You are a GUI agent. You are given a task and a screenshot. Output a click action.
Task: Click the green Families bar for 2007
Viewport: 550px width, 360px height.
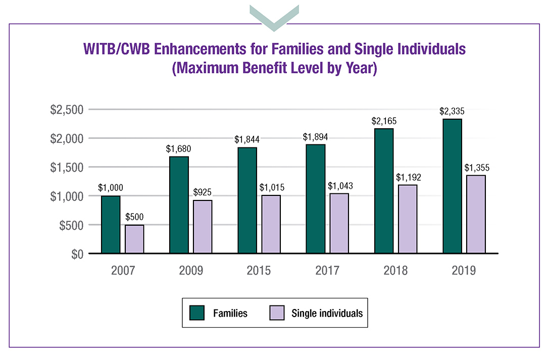pyautogui.click(x=111, y=225)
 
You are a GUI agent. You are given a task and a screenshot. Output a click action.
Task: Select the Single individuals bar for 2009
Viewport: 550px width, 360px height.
pyautogui.click(x=203, y=227)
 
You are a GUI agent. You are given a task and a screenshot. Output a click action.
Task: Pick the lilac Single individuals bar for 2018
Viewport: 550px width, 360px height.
pyautogui.click(x=408, y=219)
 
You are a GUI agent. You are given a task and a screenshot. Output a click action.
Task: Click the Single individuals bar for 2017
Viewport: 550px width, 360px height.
pyautogui.click(x=339, y=223)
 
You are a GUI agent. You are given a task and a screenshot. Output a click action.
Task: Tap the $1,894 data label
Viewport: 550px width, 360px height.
pyautogui.click(x=315, y=137)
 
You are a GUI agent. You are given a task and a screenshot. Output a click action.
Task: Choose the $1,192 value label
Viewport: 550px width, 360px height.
pyautogui.click(x=408, y=178)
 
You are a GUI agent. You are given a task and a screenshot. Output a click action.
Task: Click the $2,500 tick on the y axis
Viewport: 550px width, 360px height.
pyautogui.click(x=67, y=110)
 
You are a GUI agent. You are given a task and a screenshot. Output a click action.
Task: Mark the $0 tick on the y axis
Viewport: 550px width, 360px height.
pyautogui.click(x=76, y=253)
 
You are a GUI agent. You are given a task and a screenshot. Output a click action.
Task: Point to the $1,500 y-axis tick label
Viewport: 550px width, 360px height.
pyautogui.click(x=67, y=167)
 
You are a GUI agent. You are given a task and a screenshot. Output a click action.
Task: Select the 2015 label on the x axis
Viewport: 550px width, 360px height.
pyautogui.click(x=259, y=271)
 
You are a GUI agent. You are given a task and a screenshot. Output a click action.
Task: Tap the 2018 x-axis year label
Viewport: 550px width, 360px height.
pyautogui.click(x=395, y=271)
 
